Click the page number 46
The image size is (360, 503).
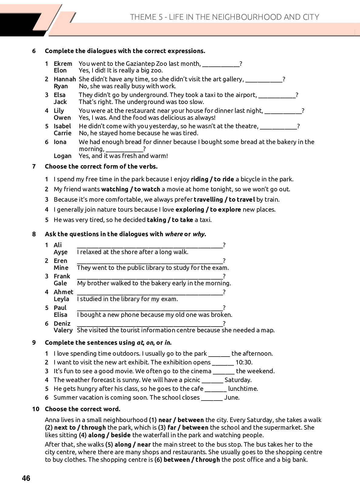pos(26,478)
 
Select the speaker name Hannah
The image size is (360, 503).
pos(65,79)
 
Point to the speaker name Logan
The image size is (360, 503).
pos(62,156)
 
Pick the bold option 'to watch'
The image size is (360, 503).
pos(147,189)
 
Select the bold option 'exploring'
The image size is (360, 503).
pos(190,210)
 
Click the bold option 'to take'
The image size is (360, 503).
pos(182,220)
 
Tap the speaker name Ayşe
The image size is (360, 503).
pos(60,252)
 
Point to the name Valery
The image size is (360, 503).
pos(63,330)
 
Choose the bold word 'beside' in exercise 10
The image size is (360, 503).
pos(121,435)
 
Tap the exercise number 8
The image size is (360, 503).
pos(34,234)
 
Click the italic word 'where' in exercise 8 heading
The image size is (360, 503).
pos(174,234)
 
